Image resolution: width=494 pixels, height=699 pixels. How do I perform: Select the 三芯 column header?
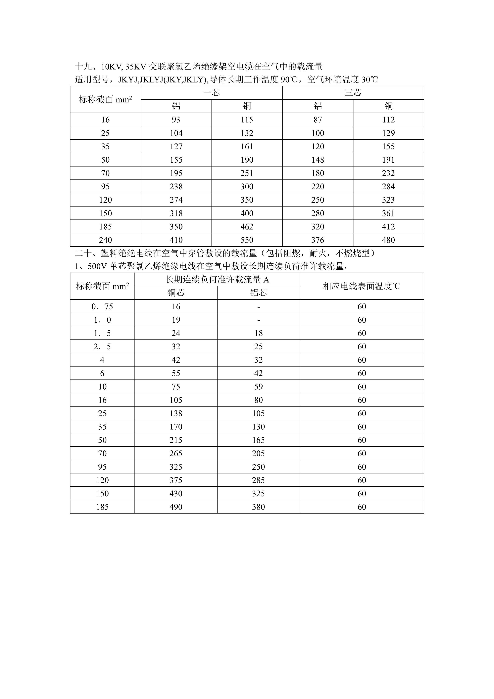click(x=353, y=92)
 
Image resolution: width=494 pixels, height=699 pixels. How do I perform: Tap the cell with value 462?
click(x=247, y=227)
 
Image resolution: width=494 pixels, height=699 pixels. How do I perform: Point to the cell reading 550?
click(x=247, y=240)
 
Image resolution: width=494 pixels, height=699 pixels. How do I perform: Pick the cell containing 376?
click(x=318, y=240)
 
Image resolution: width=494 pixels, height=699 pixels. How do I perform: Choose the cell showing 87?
click(x=318, y=120)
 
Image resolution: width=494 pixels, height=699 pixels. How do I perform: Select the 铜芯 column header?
click(x=176, y=293)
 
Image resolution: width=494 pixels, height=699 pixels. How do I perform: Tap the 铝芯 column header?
click(x=258, y=293)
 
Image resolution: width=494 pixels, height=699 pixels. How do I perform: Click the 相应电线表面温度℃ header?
click(x=362, y=286)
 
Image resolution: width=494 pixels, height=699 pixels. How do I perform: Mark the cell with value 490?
click(x=176, y=507)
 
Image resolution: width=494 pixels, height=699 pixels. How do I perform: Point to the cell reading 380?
click(x=258, y=507)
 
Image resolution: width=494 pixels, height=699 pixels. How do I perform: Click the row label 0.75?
click(x=102, y=307)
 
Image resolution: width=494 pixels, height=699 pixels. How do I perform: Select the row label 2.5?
click(x=102, y=347)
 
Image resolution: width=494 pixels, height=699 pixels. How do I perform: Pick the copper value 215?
click(x=176, y=440)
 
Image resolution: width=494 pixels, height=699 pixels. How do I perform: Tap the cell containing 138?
click(x=176, y=413)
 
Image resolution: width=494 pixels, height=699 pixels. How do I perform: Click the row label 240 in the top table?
click(x=105, y=240)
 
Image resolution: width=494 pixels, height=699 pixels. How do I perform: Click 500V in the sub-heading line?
click(x=97, y=266)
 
